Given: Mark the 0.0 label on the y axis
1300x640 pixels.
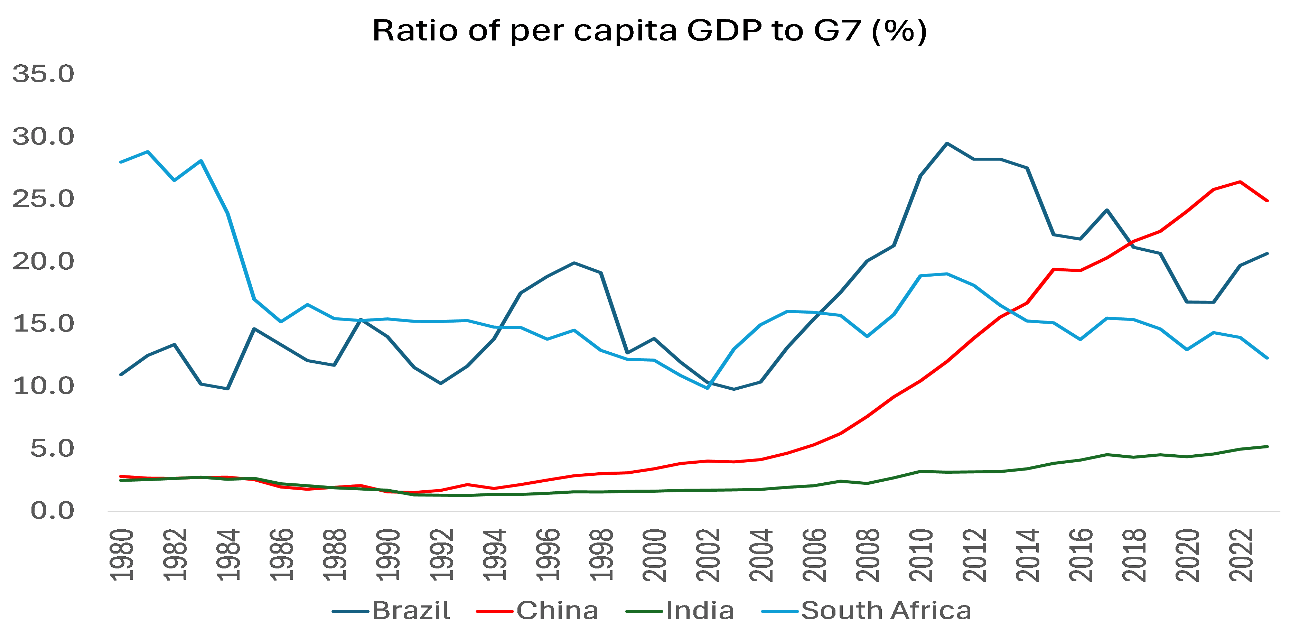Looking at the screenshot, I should pyautogui.click(x=52, y=511).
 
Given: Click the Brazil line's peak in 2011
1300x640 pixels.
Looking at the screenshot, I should pyautogui.click(x=947, y=143).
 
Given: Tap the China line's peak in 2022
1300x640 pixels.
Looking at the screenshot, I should pyautogui.click(x=1240, y=182).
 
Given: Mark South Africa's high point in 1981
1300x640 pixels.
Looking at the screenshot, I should pyautogui.click(x=147, y=151).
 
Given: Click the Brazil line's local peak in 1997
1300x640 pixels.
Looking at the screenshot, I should pyautogui.click(x=574, y=262).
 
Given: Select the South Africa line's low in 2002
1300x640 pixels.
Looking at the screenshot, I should pyautogui.click(x=708, y=388).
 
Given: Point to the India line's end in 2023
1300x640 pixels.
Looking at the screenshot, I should pyautogui.click(x=1267, y=446).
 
